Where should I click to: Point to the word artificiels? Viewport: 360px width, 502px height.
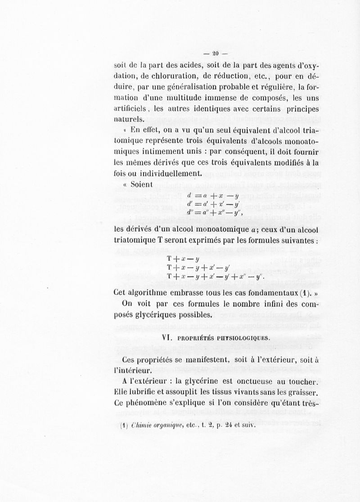(x=134, y=109)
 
